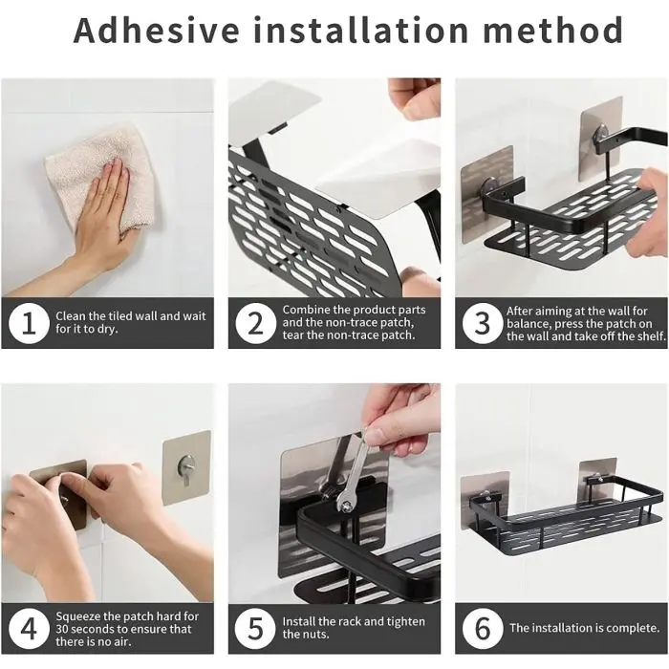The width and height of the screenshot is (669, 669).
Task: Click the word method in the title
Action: tap(552, 30)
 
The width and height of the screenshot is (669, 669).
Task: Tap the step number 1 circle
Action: tap(29, 323)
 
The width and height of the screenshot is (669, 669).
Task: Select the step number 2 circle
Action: tap(255, 323)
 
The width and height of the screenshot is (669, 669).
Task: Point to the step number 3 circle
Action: tap(483, 323)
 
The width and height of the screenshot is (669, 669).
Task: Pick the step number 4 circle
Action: tap(29, 629)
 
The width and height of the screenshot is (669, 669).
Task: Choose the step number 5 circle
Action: tap(255, 629)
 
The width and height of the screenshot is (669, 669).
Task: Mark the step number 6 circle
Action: tap(483, 629)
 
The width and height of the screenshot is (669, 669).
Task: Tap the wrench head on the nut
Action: tap(346, 503)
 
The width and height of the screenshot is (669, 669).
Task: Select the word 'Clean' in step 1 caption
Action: tap(71, 316)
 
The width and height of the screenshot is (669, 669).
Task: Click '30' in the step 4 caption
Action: tap(63, 629)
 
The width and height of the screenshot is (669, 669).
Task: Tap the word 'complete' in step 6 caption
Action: tap(633, 628)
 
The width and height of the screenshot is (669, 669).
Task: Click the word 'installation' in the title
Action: tap(361, 30)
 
